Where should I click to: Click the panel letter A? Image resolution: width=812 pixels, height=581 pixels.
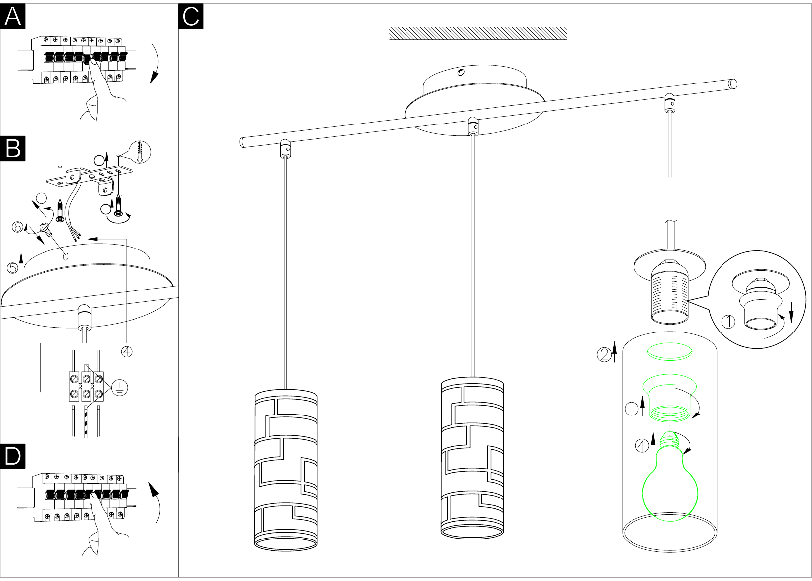click(x=13, y=16)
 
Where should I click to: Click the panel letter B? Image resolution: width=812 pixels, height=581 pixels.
click(x=13, y=149)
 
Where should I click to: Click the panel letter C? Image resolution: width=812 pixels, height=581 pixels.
click(x=191, y=16)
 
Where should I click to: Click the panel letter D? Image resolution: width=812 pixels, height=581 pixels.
click(x=13, y=456)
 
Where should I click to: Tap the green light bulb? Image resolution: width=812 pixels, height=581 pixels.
click(x=670, y=482)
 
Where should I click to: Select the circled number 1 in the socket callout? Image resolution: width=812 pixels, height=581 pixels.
click(x=728, y=322)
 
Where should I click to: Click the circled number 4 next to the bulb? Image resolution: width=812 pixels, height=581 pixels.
click(x=642, y=446)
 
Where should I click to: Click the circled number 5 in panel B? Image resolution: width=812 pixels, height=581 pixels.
click(x=13, y=268)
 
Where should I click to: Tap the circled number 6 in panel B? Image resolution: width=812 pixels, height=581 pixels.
click(x=17, y=227)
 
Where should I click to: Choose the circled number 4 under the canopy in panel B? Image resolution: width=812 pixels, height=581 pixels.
click(x=127, y=351)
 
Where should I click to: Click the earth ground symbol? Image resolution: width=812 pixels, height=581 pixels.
click(x=119, y=388)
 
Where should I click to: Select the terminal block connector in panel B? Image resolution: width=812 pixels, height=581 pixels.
click(x=86, y=386)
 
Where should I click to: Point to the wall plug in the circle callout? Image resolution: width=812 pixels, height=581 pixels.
click(x=140, y=152)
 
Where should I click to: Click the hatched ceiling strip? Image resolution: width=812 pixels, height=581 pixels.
click(x=478, y=33)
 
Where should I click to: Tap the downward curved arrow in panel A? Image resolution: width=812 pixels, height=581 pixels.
click(x=156, y=63)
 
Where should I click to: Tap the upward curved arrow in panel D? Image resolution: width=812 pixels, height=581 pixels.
click(x=155, y=501)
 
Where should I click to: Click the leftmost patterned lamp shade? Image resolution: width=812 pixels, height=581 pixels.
click(x=286, y=470)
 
